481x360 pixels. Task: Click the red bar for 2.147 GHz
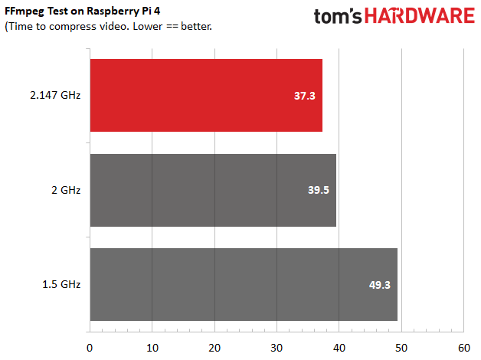point(206,95)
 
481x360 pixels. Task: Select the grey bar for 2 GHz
point(213,190)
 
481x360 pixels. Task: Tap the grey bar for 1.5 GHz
point(244,284)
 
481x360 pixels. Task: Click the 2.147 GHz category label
point(56,96)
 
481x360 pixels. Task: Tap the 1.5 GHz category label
point(62,285)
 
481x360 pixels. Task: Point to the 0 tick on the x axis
point(90,347)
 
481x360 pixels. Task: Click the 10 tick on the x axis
point(152,347)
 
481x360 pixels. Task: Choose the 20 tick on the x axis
point(214,347)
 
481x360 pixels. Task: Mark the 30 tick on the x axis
point(276,347)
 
